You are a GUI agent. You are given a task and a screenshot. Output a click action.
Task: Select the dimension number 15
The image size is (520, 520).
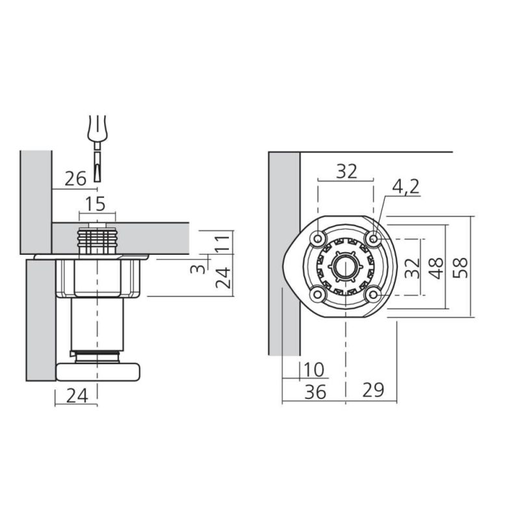click(96, 203)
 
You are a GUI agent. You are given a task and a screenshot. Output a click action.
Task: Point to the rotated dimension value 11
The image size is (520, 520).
click(222, 242)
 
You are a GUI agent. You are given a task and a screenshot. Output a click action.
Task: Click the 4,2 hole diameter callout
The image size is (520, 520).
click(406, 187)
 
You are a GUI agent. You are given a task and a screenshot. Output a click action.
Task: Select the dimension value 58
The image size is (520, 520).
click(460, 267)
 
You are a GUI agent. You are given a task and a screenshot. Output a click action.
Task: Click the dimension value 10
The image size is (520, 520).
click(313, 370)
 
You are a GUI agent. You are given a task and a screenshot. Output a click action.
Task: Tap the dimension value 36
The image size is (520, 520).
click(315, 392)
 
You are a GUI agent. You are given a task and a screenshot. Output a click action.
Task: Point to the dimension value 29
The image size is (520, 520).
click(373, 390)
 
